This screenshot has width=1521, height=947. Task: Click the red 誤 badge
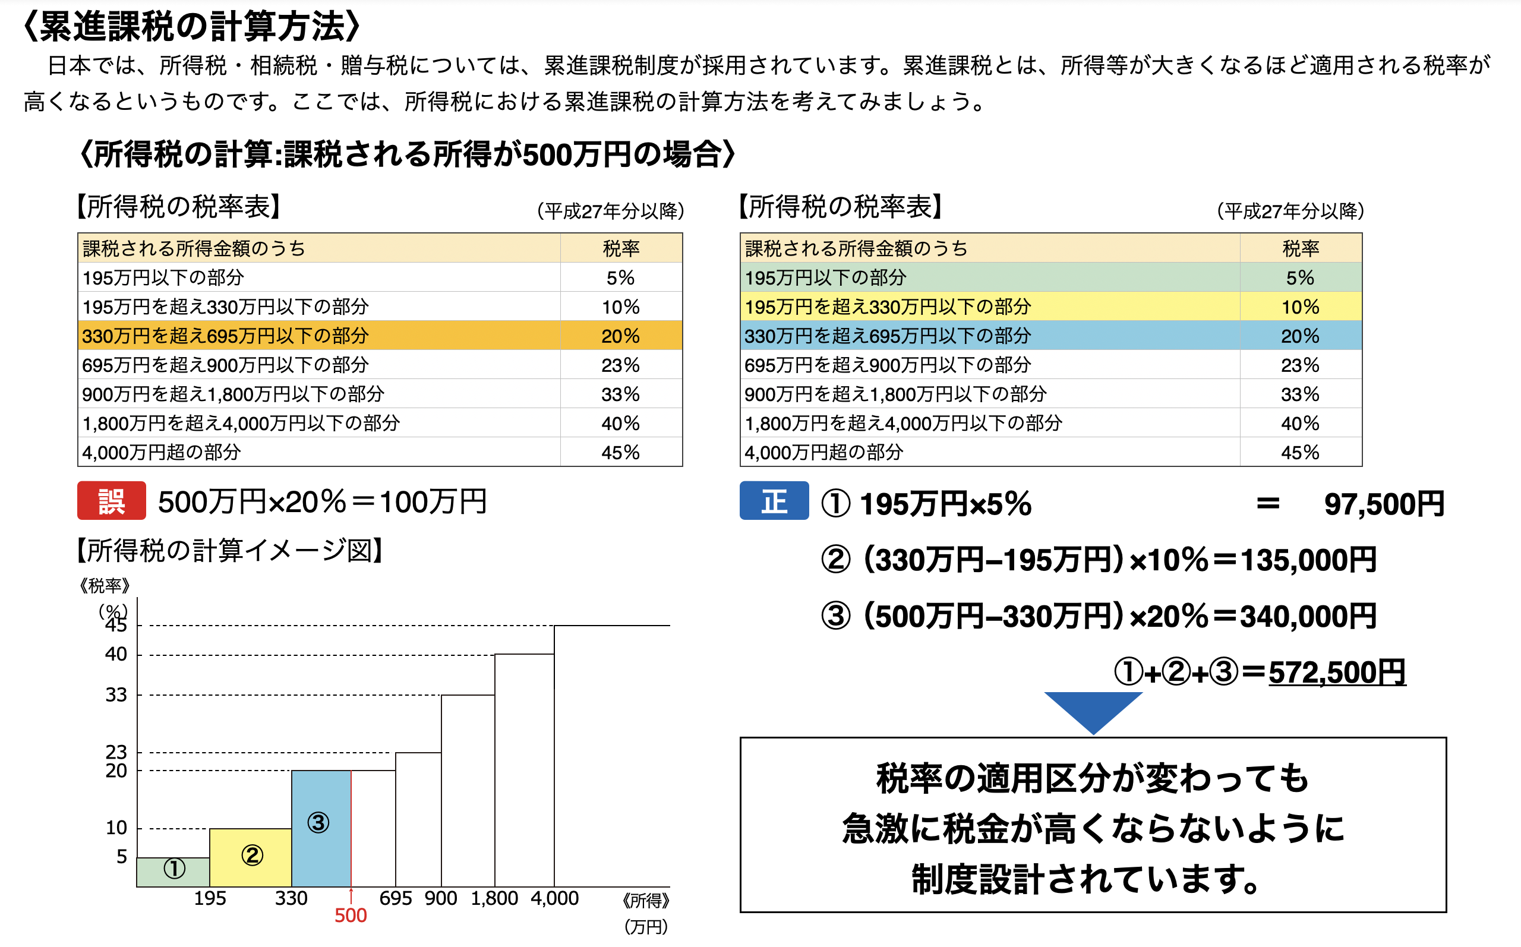pos(112,500)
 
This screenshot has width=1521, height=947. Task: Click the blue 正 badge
pos(774,500)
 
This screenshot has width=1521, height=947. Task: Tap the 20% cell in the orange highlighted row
pos(620,336)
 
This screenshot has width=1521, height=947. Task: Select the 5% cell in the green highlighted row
pos(1299,277)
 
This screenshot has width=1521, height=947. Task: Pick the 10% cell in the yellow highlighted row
pos(1299,307)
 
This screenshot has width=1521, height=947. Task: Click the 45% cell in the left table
pos(620,452)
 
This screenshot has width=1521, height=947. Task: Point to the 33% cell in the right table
pos(1299,394)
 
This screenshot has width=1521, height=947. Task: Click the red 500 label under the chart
pos(350,916)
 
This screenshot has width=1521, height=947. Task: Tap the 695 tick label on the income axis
pos(395,898)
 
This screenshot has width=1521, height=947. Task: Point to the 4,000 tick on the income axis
pos(554,898)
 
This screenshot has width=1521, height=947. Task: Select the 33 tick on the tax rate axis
pos(116,695)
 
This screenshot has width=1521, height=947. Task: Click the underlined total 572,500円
pos(1337,673)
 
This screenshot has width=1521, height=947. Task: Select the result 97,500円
pos(1384,504)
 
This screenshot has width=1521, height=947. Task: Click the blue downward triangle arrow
pos(1093,711)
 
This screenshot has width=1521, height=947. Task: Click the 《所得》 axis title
pos(646,901)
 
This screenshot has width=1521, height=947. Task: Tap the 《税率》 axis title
pos(105,586)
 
